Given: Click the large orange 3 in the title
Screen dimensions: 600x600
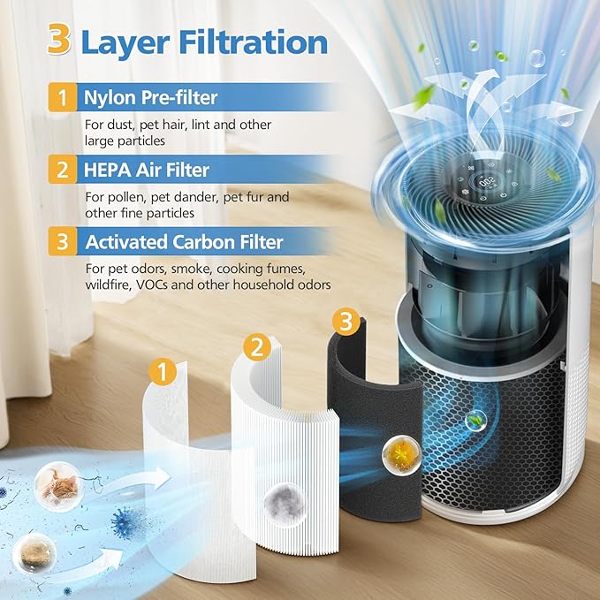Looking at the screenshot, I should click(58, 42).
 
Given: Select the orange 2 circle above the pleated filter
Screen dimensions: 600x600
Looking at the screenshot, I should click(256, 347).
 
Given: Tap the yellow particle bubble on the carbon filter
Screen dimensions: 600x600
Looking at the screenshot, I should click(397, 456).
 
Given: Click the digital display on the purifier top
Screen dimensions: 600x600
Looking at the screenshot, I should click(485, 181).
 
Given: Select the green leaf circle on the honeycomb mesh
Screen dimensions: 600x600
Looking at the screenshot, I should click(479, 422).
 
